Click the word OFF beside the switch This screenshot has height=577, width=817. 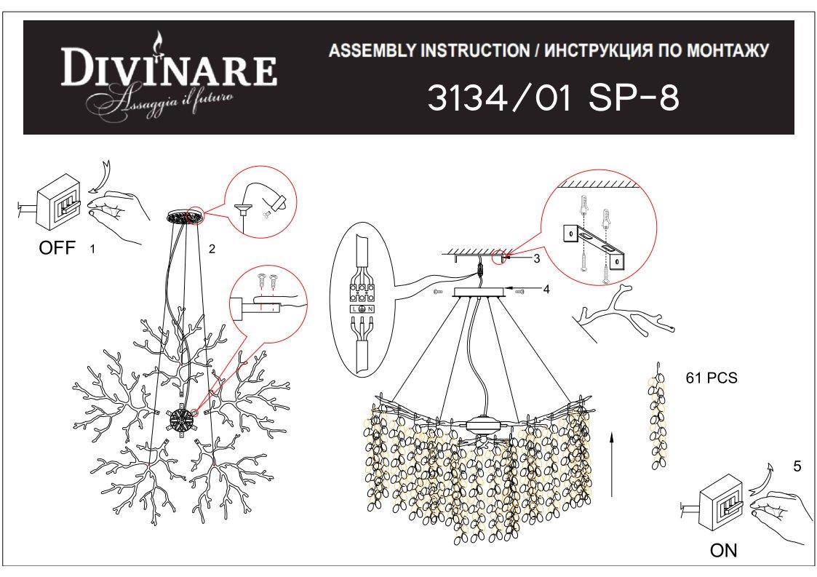(57, 247)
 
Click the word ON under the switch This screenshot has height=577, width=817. (723, 550)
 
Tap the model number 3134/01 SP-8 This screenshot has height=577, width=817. (554, 98)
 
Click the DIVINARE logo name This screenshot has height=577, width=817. (168, 67)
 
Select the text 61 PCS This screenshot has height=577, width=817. (712, 378)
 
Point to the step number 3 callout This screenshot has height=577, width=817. (537, 258)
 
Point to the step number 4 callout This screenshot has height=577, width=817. (546, 289)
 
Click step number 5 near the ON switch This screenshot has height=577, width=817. (797, 466)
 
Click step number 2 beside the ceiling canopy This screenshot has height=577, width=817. (212, 249)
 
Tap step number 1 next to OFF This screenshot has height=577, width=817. (92, 249)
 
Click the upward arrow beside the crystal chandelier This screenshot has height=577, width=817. (612, 464)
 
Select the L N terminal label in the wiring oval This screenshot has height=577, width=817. (362, 309)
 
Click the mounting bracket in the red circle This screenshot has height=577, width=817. (594, 244)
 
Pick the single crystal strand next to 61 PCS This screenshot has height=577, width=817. (658, 415)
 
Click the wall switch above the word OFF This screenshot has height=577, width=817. (56, 202)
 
